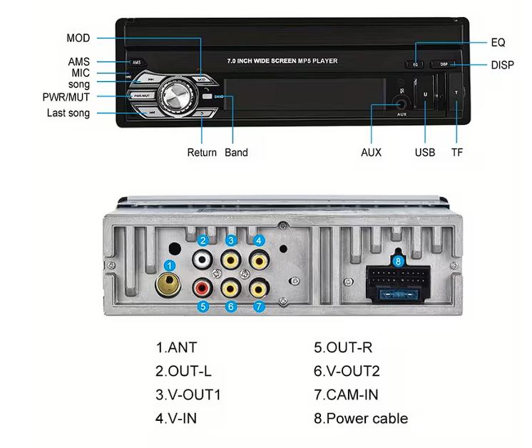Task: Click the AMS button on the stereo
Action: pyautogui.click(x=136, y=62)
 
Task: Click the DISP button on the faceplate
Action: pyautogui.click(x=444, y=64)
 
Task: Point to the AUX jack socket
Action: pyautogui.click(x=401, y=103)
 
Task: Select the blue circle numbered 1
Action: pyautogui.click(x=170, y=265)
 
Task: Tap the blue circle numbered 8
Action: pyautogui.click(x=399, y=262)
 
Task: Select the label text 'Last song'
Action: pyautogui.click(x=68, y=113)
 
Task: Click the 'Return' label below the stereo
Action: pyautogui.click(x=202, y=153)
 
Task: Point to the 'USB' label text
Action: pyautogui.click(x=424, y=153)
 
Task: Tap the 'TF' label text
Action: pyautogui.click(x=456, y=153)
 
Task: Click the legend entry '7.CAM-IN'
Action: pyautogui.click(x=346, y=394)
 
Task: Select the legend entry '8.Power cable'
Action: pyautogui.click(x=361, y=418)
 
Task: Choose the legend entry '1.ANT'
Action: pyautogui.click(x=176, y=348)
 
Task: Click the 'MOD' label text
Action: pyautogui.click(x=78, y=39)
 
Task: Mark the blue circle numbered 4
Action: pyautogui.click(x=259, y=241)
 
